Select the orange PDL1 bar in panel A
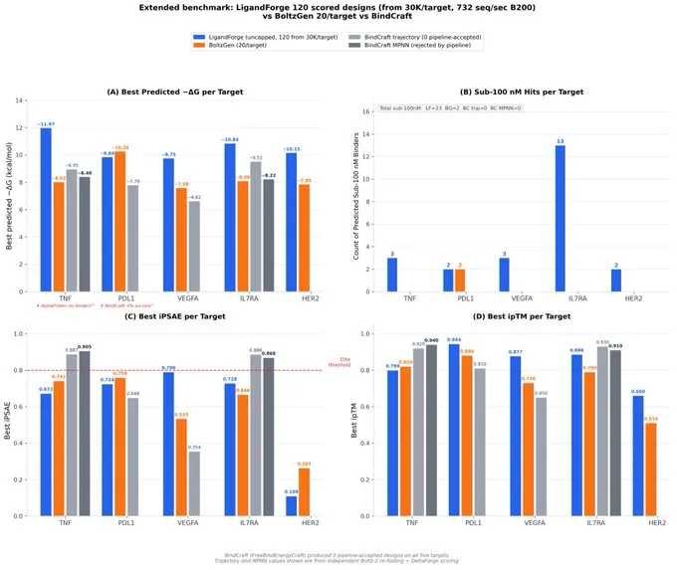point(120,223)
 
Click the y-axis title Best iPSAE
point(9,425)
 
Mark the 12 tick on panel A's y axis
point(27,128)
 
